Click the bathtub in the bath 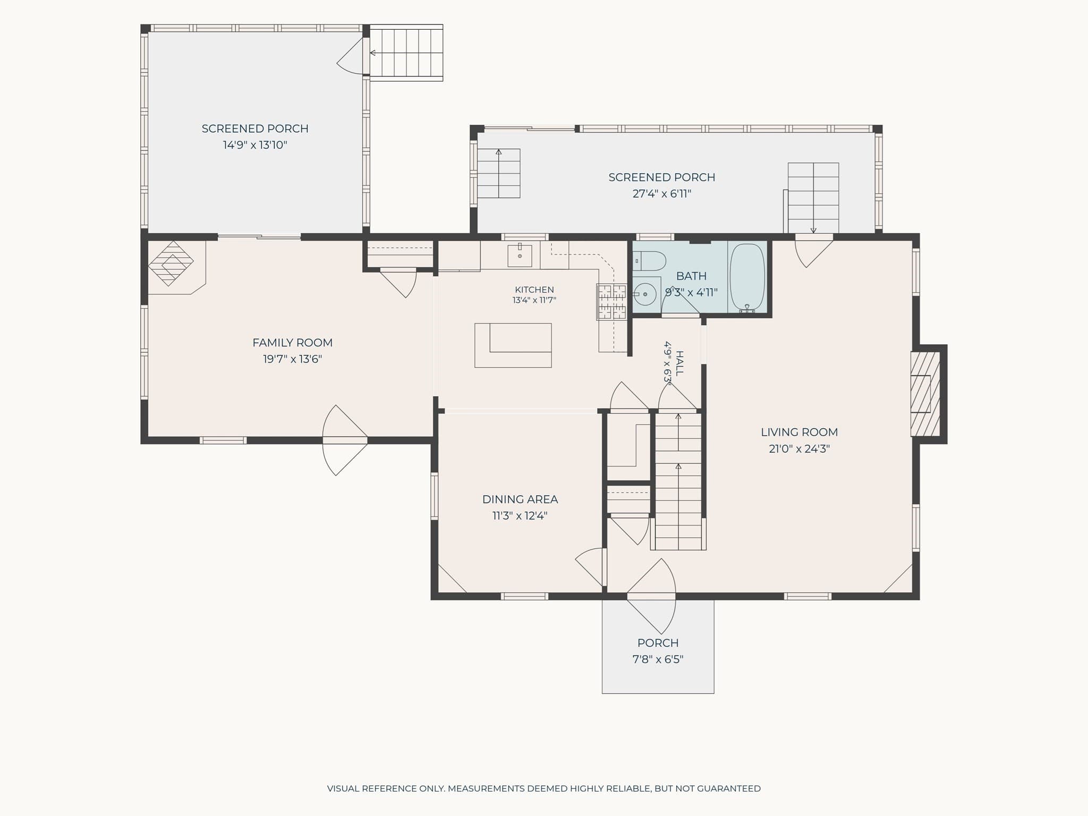[x=747, y=278]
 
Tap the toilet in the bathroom [x=649, y=261]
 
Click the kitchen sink [x=520, y=256]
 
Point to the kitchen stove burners [x=611, y=302]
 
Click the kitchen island [x=513, y=345]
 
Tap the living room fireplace [x=926, y=394]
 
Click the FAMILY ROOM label [x=293, y=343]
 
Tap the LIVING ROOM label [x=800, y=432]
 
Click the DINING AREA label [x=520, y=499]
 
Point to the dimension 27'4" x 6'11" [x=662, y=194]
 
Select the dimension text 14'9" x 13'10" [x=255, y=145]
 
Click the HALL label [x=679, y=363]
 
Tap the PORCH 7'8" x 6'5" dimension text [x=658, y=660]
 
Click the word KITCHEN [x=534, y=290]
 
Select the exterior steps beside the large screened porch [x=406, y=53]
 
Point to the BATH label [x=692, y=276]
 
